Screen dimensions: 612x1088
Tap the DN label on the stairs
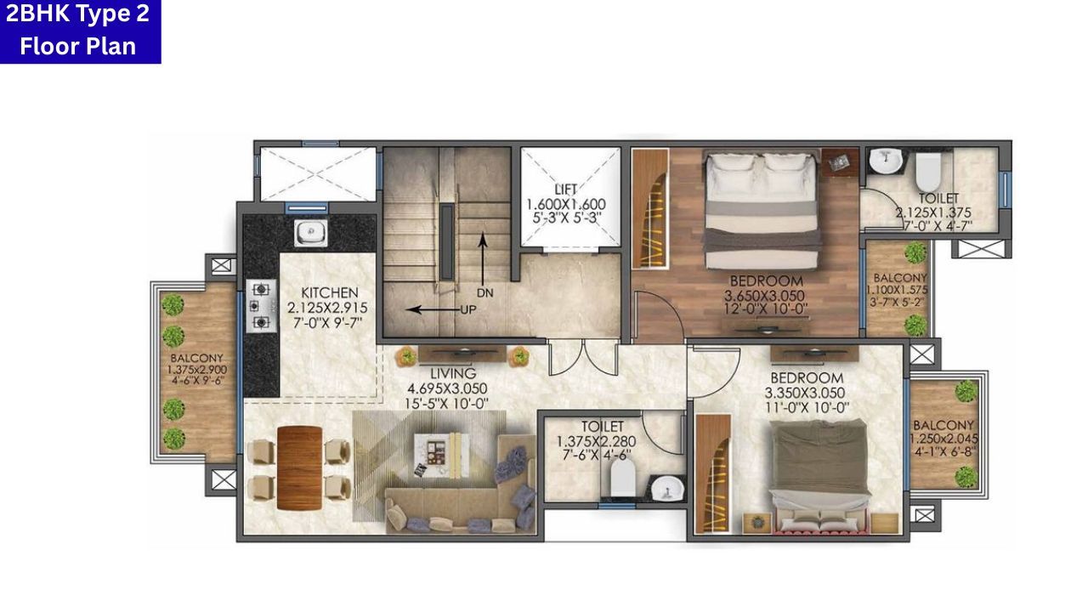(484, 292)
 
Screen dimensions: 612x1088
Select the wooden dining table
(298, 467)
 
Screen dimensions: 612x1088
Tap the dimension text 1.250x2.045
(943, 439)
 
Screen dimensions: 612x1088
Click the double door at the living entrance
(583, 357)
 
